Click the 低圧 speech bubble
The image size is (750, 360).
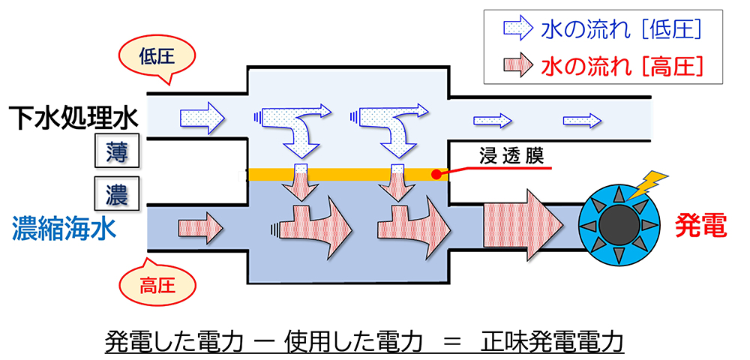point(156,57)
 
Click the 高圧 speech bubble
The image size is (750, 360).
point(156,285)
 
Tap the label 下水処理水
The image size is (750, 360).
point(73,118)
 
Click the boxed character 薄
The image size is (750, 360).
point(115,153)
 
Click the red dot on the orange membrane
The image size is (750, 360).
point(436,175)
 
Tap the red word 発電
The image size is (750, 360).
point(701,225)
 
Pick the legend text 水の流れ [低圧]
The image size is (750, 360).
point(621,29)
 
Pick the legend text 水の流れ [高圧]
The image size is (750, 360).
point(621,65)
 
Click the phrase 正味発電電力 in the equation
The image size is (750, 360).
point(552,340)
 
